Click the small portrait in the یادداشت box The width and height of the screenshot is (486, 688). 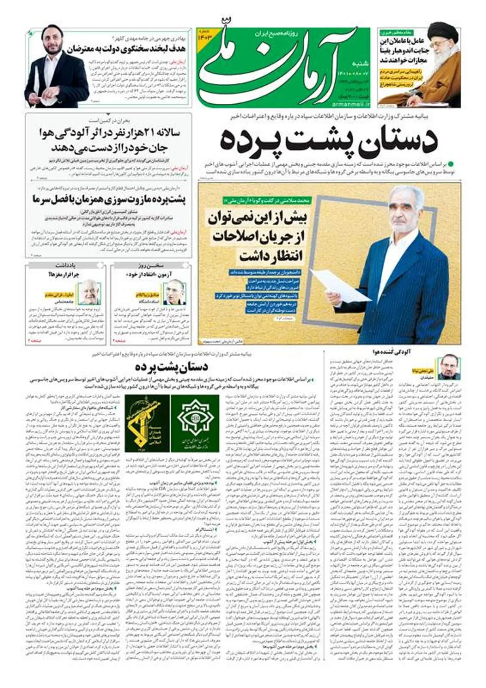[x=89, y=292]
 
